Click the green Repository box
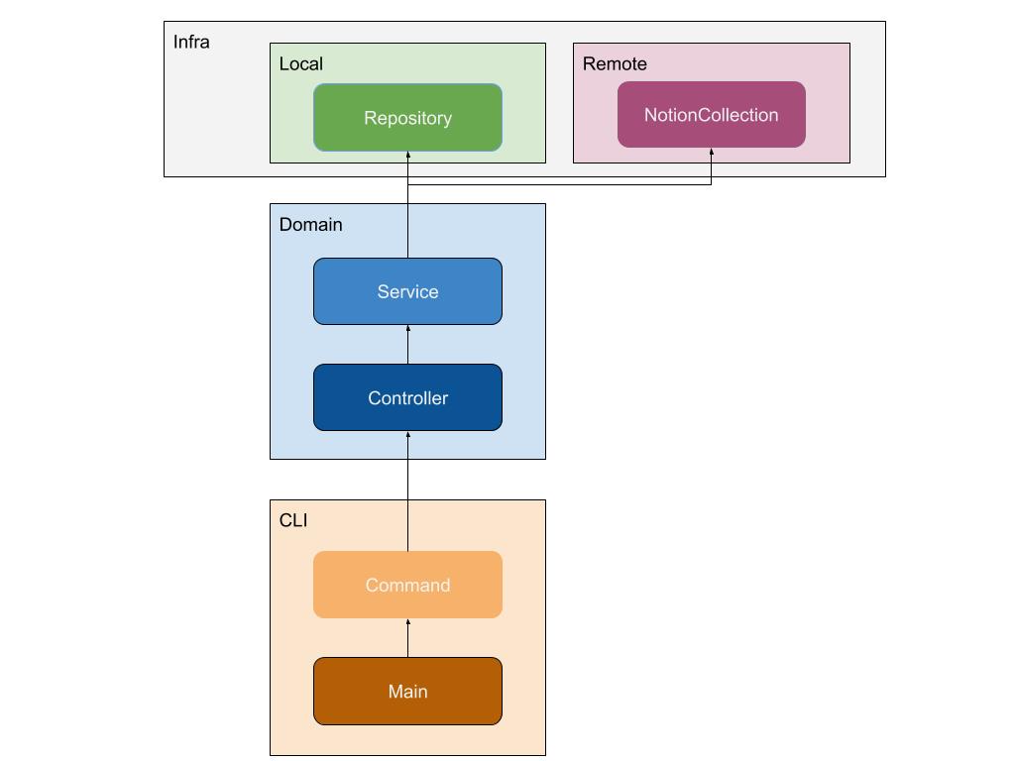pyautogui.click(x=407, y=118)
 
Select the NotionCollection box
pyautogui.click(x=712, y=115)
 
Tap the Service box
pyautogui.click(x=407, y=291)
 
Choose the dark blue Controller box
pyautogui.click(x=407, y=397)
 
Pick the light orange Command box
pyautogui.click(x=407, y=585)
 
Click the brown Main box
pyautogui.click(x=407, y=691)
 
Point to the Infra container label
pyautogui.click(x=191, y=42)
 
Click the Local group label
pyautogui.click(x=301, y=64)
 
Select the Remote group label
pyautogui.click(x=615, y=64)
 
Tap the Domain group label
pyautogui.click(x=310, y=225)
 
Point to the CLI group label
pyautogui.click(x=293, y=520)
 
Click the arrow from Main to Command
pyautogui.click(x=407, y=638)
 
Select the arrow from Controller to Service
pyautogui.click(x=407, y=345)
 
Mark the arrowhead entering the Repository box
pyautogui.click(x=407, y=155)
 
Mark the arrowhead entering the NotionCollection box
pyautogui.click(x=712, y=152)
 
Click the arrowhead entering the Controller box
pyautogui.click(x=407, y=435)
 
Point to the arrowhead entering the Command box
pyautogui.click(x=407, y=622)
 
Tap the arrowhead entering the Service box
pyautogui.click(x=407, y=329)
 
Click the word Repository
pyautogui.click(x=407, y=119)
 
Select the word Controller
pyautogui.click(x=407, y=398)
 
